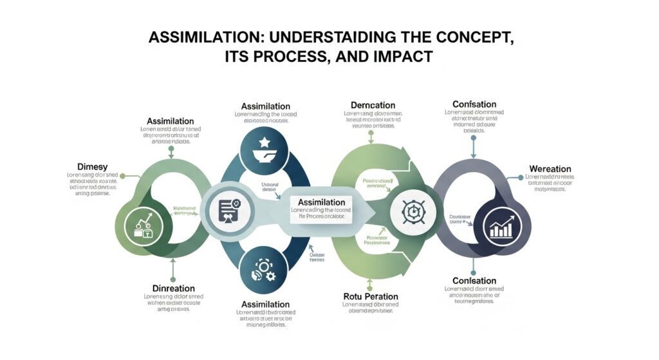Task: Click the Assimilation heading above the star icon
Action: click(265, 106)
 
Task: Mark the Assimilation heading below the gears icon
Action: click(265, 304)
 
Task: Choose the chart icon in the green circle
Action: click(142, 225)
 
